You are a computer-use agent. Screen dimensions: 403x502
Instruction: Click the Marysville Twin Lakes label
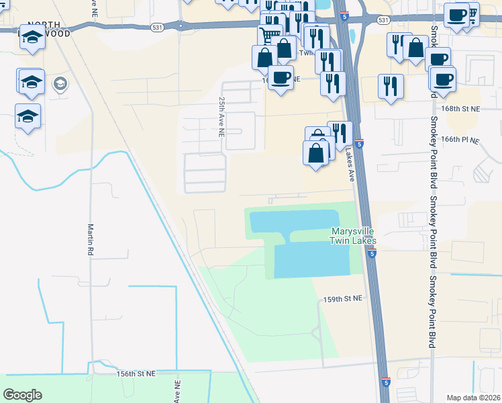(x=353, y=236)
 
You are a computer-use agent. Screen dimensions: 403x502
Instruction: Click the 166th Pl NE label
(x=460, y=140)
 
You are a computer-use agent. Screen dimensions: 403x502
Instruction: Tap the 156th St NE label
(x=136, y=373)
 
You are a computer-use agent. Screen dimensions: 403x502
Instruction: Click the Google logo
(x=22, y=395)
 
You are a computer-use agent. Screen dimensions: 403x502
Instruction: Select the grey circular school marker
(x=60, y=84)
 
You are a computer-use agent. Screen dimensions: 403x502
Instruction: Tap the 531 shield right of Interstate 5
(x=383, y=21)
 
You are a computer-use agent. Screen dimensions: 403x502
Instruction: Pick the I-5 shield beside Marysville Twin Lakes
(x=372, y=254)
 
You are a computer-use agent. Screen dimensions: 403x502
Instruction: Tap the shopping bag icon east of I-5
(x=415, y=47)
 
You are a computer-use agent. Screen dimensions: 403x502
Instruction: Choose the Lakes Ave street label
(x=350, y=165)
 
